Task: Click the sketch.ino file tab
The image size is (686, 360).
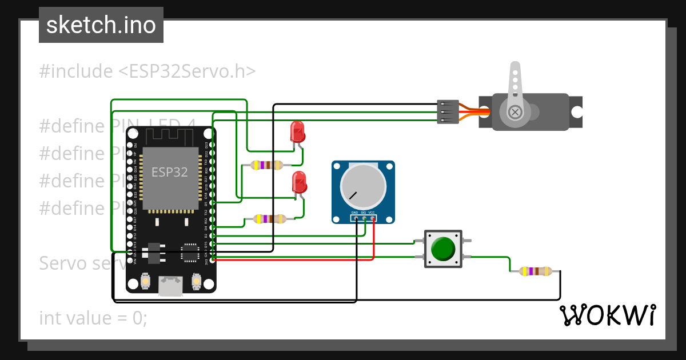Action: coord(101,25)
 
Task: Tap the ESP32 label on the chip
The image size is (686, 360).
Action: coord(169,172)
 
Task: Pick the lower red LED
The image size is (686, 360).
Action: coord(299,182)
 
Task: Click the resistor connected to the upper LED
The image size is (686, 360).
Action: coord(266,165)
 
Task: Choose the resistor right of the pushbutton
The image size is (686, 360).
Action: coord(536,271)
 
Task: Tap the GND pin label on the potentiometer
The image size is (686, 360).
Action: coord(354,213)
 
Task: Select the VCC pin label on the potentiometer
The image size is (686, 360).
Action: coord(372,213)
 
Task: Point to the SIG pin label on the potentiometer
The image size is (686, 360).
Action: coord(363,213)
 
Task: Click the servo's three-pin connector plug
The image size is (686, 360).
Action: coord(448,112)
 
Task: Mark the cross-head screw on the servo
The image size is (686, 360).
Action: coord(514,112)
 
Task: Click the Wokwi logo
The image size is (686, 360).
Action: coord(607,315)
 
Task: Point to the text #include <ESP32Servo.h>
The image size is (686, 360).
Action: coord(147,71)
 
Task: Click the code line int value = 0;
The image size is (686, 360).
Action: coord(93,318)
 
